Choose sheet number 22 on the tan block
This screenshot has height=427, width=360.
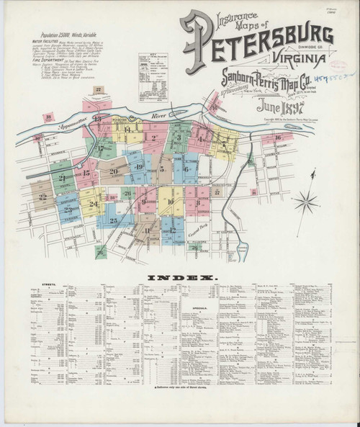pos(44,194)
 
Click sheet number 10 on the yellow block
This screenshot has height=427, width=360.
pos(170,202)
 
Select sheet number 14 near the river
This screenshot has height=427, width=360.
pos(127,130)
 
